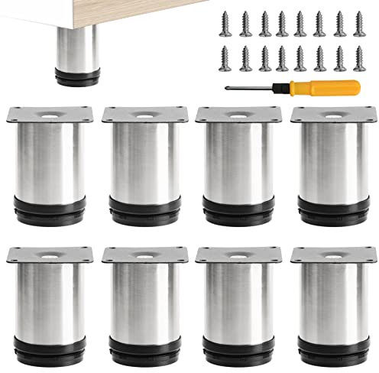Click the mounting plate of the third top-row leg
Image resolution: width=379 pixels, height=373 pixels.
(234, 115)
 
